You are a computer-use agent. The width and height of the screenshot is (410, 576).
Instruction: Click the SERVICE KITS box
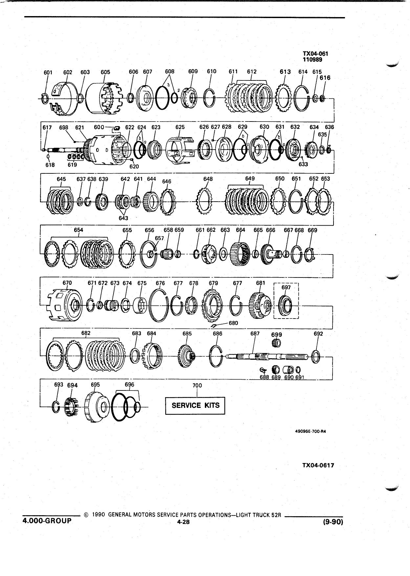pos(195,406)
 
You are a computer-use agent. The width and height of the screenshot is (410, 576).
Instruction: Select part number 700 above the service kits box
pos(197,386)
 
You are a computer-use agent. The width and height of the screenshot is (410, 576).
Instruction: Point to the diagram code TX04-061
pos(315,54)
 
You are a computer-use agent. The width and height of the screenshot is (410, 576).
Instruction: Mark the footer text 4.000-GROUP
pos(47,521)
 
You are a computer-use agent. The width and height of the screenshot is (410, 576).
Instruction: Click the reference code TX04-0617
pos(318,465)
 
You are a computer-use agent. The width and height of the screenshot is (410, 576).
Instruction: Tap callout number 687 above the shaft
pos(255,334)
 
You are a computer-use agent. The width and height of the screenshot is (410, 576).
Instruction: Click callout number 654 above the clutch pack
pos(78,230)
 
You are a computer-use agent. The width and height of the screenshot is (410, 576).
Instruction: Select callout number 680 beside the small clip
pos(233,323)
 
